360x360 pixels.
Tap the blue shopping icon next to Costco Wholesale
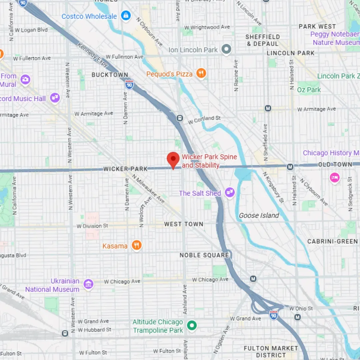pyautogui.click(x=126, y=16)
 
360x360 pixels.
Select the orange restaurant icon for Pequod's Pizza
pyautogui.click(x=201, y=73)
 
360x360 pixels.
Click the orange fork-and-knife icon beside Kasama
pyautogui.click(x=136, y=246)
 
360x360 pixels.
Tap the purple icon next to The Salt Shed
pyautogui.click(x=230, y=192)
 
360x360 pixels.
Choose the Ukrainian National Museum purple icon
pyautogui.click(x=88, y=284)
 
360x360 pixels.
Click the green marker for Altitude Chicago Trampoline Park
pyautogui.click(x=192, y=325)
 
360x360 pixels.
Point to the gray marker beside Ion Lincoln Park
pyautogui.click(x=227, y=50)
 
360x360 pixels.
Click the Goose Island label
pyautogui.click(x=259, y=215)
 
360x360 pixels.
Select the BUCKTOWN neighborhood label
pyautogui.click(x=110, y=75)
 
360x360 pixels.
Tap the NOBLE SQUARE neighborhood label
pyautogui.click(x=204, y=255)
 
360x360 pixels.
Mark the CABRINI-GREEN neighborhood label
pyautogui.click(x=332, y=241)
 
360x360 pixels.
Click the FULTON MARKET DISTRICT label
pyautogui.click(x=271, y=352)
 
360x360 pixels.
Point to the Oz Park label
pyautogui.click(x=309, y=90)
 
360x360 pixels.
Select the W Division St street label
pyautogui.click(x=92, y=226)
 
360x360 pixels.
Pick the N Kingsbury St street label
pyautogui.click(x=273, y=187)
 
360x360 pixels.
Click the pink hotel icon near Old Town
pyautogui.click(x=335, y=178)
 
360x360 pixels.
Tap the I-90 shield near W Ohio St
pyautogui.click(x=274, y=315)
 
